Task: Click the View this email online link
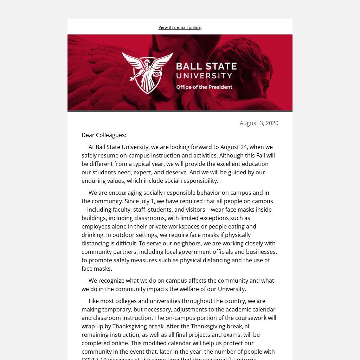[x=179, y=27]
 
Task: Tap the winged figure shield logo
[x=148, y=72]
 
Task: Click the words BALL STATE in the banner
[x=206, y=66]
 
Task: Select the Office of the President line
[x=204, y=87]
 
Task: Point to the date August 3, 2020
[x=259, y=123]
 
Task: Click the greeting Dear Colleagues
[x=104, y=135]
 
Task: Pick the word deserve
[x=178, y=172]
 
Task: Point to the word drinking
[x=93, y=235]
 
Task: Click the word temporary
[x=116, y=309]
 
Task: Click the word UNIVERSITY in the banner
[x=204, y=76]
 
